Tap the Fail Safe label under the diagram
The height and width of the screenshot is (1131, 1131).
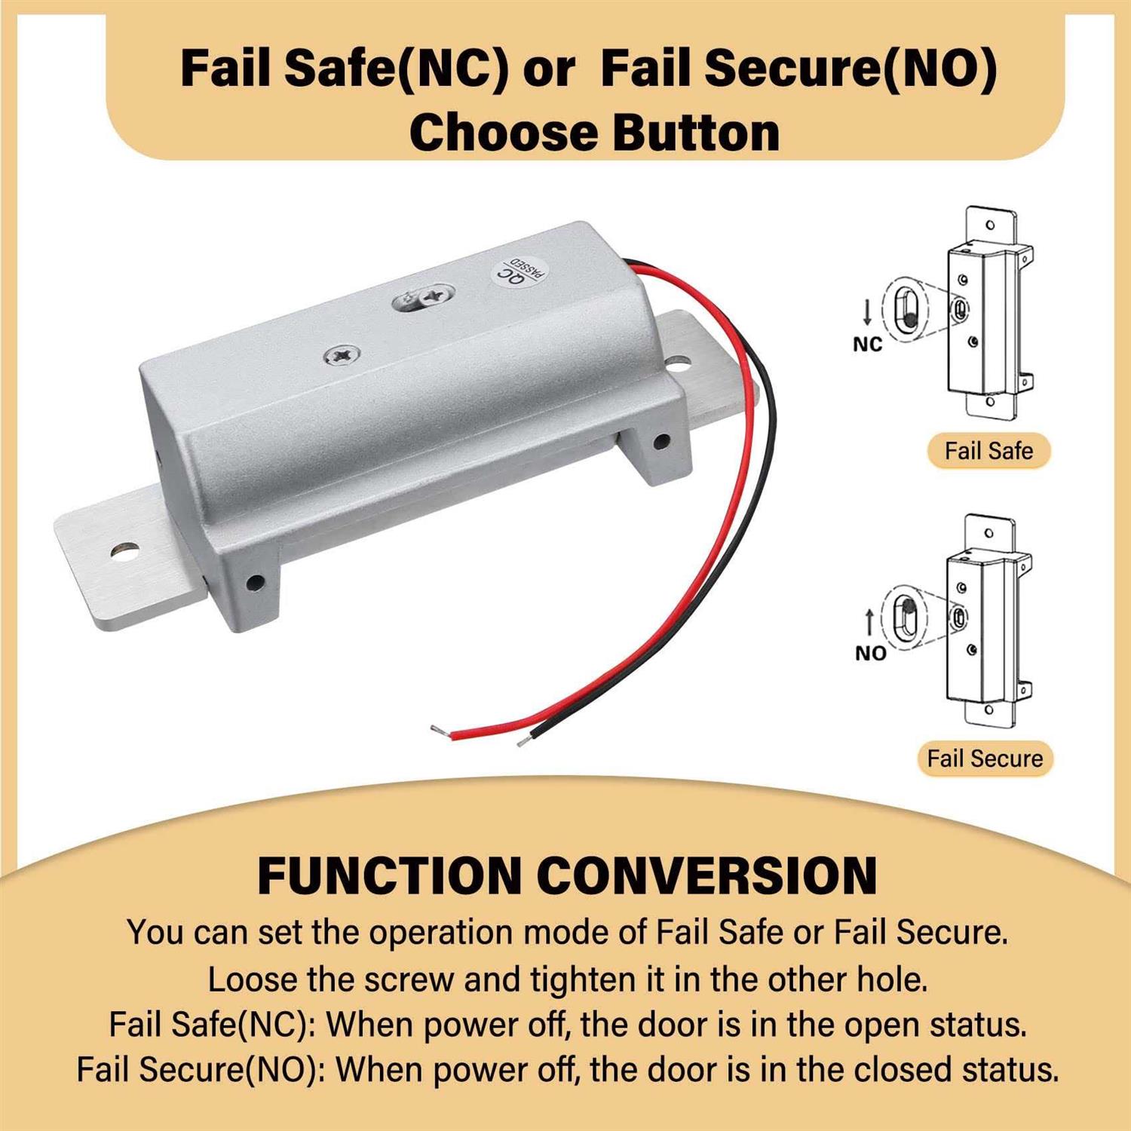coord(988,451)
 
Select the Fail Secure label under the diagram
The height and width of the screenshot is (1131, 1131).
coord(985,759)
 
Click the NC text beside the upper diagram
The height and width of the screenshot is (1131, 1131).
coord(867,345)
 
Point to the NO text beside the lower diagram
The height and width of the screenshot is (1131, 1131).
coord(870,653)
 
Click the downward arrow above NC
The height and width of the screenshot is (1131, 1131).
coord(867,312)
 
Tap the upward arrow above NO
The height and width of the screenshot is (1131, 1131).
coord(869,622)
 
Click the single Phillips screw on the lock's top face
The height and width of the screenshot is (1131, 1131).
coord(342,354)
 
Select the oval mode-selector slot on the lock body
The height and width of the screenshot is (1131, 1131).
coord(423,298)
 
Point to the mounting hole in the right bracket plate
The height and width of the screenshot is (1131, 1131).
coord(678,365)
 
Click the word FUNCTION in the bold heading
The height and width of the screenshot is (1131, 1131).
coord(390,875)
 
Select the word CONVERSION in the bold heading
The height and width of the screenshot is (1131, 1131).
coord(706,875)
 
